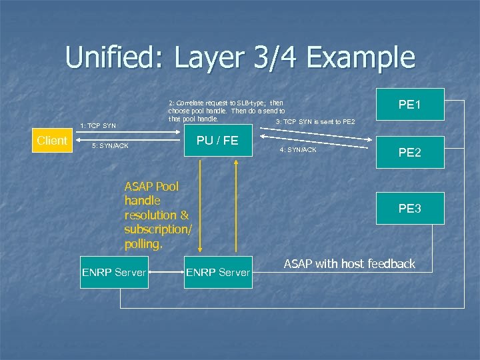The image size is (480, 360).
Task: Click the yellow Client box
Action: click(52, 141)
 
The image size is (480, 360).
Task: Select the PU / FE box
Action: click(217, 141)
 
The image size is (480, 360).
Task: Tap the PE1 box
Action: click(410, 105)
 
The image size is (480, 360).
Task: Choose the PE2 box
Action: click(410, 153)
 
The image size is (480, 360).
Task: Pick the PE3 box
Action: click(410, 209)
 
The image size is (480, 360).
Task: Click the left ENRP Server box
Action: click(113, 272)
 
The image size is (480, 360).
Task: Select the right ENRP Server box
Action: click(219, 272)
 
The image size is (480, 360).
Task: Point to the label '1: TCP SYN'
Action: click(98, 126)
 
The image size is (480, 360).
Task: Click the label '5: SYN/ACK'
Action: click(111, 146)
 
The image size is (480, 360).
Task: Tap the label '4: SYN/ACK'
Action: click(298, 150)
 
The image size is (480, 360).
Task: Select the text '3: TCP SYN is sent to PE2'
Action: click(315, 122)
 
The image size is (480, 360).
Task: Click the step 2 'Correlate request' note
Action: click(227, 111)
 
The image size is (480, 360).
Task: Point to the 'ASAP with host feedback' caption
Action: click(349, 264)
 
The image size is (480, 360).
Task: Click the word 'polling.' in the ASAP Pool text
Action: click(143, 244)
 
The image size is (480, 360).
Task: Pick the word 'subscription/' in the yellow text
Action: click(158, 229)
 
